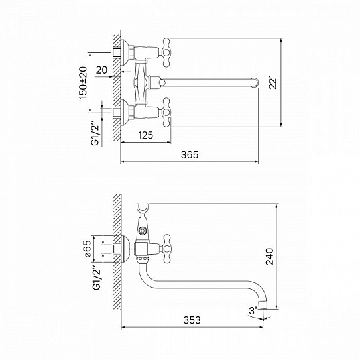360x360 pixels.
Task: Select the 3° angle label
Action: click(x=253, y=310)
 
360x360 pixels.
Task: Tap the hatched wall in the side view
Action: click(x=116, y=252)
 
